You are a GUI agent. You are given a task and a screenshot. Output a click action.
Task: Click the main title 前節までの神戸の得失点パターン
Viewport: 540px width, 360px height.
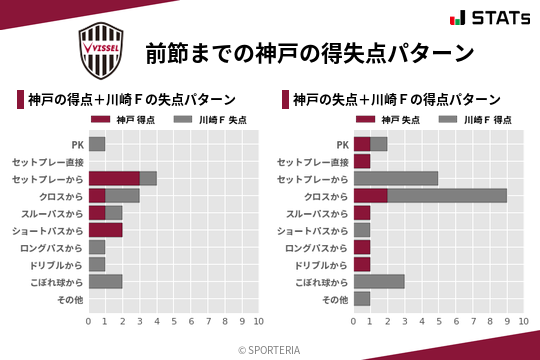coord(309,52)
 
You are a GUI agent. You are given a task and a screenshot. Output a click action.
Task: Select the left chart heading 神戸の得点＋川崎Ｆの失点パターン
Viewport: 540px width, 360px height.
coord(132,100)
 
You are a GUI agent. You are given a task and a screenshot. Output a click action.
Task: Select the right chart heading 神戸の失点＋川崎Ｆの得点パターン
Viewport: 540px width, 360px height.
coord(397,100)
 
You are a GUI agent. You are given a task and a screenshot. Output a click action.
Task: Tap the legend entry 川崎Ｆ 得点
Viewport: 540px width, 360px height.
coord(474,120)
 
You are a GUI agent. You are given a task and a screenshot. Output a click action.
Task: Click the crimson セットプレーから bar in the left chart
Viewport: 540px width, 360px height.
coord(114,178)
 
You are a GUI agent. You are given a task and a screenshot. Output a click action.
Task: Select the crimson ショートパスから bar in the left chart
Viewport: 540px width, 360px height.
coord(105,230)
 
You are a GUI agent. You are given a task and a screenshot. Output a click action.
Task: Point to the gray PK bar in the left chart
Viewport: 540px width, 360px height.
coord(97,144)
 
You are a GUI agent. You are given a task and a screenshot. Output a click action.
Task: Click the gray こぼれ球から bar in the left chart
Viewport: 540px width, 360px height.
coord(105,282)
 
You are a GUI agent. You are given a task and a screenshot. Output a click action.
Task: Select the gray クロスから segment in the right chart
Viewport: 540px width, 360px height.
coord(447,196)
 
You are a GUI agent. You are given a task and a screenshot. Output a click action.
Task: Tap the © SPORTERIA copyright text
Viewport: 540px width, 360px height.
coord(270,349)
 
